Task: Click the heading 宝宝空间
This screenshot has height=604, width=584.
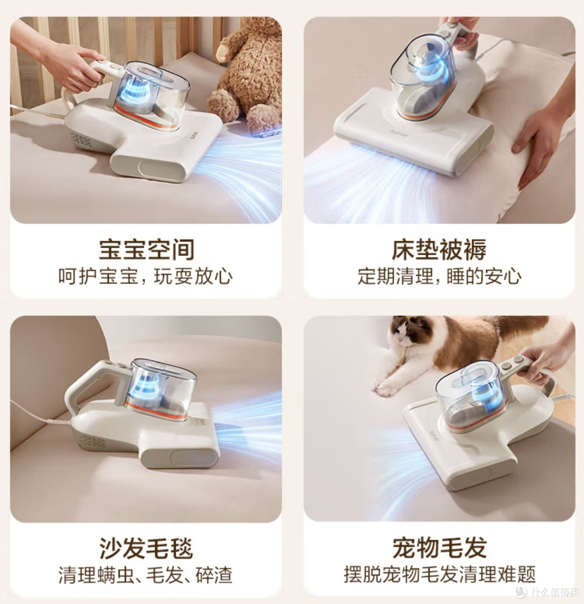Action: pos(147,249)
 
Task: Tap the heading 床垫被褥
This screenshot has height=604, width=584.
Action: pos(439,249)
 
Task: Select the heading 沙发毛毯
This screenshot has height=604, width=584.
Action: pos(147,548)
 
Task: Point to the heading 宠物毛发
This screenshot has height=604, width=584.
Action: pos(439,548)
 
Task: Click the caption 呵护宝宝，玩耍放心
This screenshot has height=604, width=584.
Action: pos(145,276)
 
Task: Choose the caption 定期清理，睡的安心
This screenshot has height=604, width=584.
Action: pos(440,276)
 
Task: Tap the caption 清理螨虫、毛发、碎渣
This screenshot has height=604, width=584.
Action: pos(145,575)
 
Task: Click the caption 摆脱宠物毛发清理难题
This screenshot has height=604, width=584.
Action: pos(440,575)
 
